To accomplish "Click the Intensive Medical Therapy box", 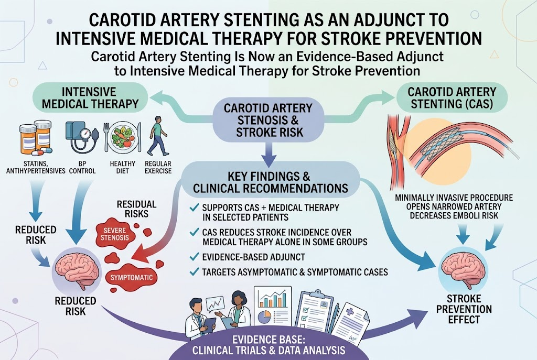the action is [90, 97].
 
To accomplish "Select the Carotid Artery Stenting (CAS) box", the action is [452, 97].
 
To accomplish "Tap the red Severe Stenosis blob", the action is [115, 234].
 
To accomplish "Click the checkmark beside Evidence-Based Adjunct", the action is [194, 257].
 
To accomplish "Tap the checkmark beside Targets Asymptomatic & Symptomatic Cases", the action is [194, 272].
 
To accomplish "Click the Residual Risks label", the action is [136, 209].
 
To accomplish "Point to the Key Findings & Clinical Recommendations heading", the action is [268, 182].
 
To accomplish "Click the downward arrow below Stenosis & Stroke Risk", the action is [269, 152].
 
